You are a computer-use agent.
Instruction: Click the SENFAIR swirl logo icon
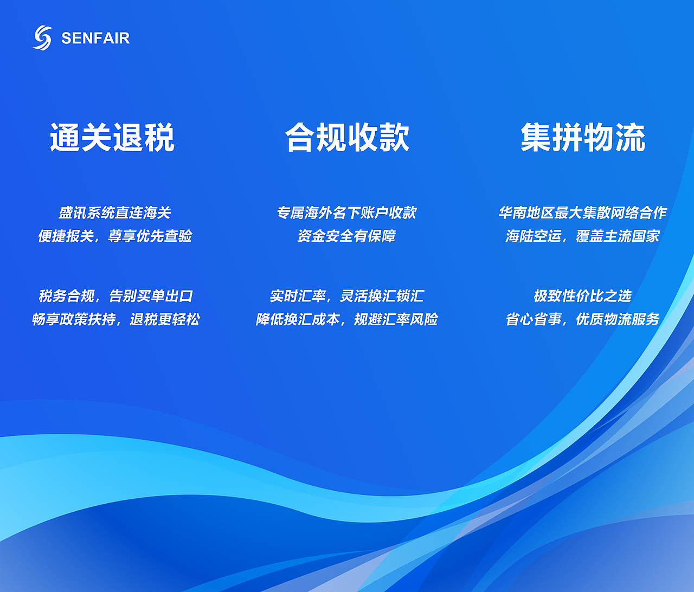(x=43, y=37)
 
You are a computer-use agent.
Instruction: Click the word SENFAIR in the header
(x=95, y=38)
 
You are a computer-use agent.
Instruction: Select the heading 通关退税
(x=112, y=137)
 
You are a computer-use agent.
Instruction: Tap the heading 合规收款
(x=347, y=137)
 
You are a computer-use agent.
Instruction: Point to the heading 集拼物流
(x=583, y=137)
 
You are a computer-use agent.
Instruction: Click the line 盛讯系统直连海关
(x=115, y=213)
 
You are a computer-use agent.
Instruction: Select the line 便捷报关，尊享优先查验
(x=115, y=236)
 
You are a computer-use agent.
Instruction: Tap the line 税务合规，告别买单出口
(x=115, y=296)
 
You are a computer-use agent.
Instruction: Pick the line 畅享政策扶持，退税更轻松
(x=115, y=319)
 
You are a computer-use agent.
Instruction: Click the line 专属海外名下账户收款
(x=346, y=213)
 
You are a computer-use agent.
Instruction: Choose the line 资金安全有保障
(x=346, y=236)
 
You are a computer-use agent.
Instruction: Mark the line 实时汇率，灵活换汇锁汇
(x=347, y=296)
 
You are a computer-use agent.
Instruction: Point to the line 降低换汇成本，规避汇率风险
(x=347, y=319)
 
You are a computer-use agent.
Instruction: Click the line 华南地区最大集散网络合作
(x=582, y=213)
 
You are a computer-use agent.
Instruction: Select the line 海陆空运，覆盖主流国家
(x=582, y=236)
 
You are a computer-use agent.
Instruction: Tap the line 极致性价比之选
(x=582, y=296)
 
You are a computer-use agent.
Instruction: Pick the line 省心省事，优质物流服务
(x=582, y=319)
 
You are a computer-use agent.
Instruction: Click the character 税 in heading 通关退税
(x=159, y=137)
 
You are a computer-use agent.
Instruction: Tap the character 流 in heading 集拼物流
(x=630, y=137)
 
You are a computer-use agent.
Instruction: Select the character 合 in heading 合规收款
(x=300, y=137)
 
